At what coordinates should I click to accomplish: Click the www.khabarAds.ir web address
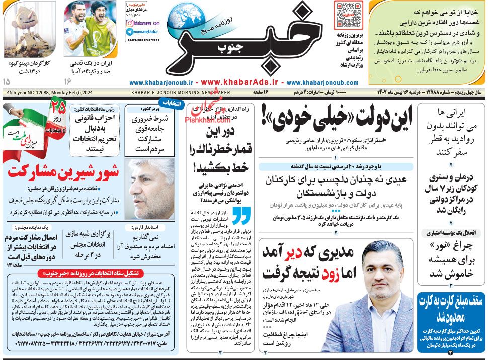point(240,82)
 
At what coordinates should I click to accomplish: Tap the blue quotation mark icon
point(241,215)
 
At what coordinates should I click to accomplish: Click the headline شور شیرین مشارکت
point(63,170)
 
